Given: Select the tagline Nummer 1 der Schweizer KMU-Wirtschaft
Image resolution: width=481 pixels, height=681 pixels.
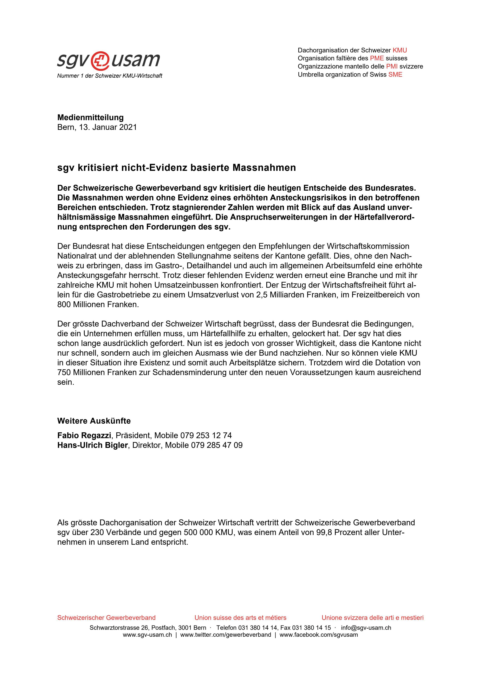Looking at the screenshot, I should pyautogui.click(x=110, y=76).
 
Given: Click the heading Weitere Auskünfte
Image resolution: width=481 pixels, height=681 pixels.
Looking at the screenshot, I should pyautogui.click(x=94, y=421).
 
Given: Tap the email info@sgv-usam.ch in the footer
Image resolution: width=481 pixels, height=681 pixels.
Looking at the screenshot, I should pyautogui.click(x=366, y=628).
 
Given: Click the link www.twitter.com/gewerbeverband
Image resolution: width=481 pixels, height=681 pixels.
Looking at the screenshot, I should pyautogui.click(x=225, y=635).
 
